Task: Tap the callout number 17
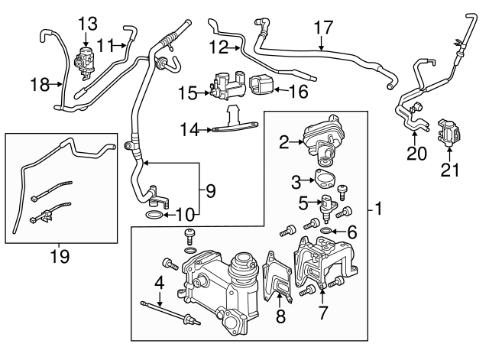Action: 324,28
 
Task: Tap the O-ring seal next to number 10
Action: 153,217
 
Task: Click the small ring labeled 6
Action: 327,230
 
